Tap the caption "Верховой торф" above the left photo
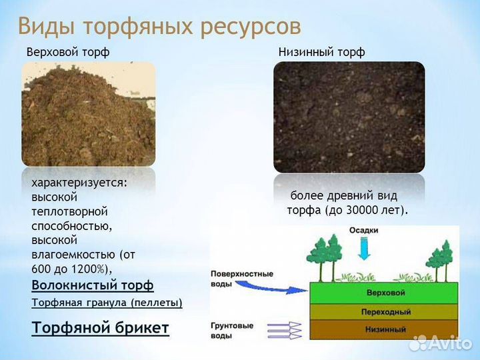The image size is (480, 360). click(67, 52)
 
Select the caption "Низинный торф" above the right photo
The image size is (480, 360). click(321, 52)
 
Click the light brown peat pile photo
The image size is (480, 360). click(88, 114)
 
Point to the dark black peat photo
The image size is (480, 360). click(349, 117)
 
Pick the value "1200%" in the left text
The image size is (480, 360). click(91, 269)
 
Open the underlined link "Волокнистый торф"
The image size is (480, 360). click(92, 285)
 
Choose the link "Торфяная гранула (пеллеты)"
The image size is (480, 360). click(107, 303)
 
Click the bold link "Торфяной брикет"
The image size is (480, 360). click(100, 328)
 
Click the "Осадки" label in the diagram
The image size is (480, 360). click(364, 231)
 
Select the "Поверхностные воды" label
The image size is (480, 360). click(233, 278)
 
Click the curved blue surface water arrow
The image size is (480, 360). click(273, 287)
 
